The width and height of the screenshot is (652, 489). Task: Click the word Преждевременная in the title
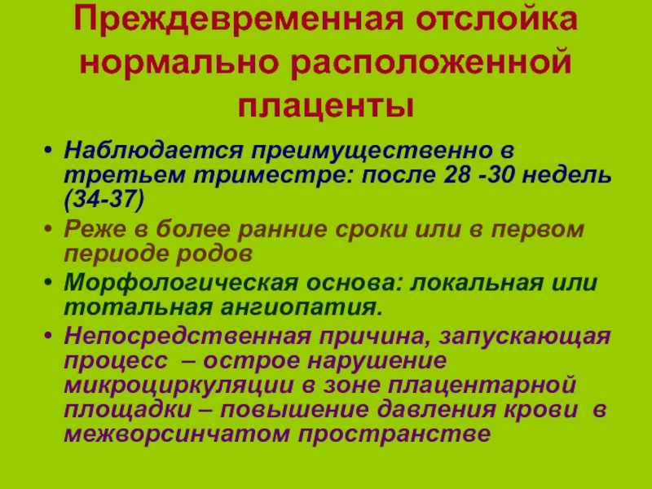pyautogui.click(x=239, y=19)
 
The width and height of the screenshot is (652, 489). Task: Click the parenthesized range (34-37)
pyautogui.click(x=104, y=200)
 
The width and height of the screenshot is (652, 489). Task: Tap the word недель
pyautogui.click(x=566, y=175)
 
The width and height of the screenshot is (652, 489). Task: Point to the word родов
pyautogui.click(x=214, y=254)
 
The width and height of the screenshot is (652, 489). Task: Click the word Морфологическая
pyautogui.click(x=181, y=283)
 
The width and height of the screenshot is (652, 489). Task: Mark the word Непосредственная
pyautogui.click(x=187, y=336)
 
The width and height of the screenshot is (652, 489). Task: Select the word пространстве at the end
pyautogui.click(x=394, y=434)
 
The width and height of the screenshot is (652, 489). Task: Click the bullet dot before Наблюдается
pyautogui.click(x=48, y=150)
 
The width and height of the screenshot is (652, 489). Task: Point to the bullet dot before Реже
pyautogui.click(x=48, y=230)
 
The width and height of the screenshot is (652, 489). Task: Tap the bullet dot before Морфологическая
pyautogui.click(x=48, y=283)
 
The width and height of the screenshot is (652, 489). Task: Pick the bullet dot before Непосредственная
pyautogui.click(x=48, y=336)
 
